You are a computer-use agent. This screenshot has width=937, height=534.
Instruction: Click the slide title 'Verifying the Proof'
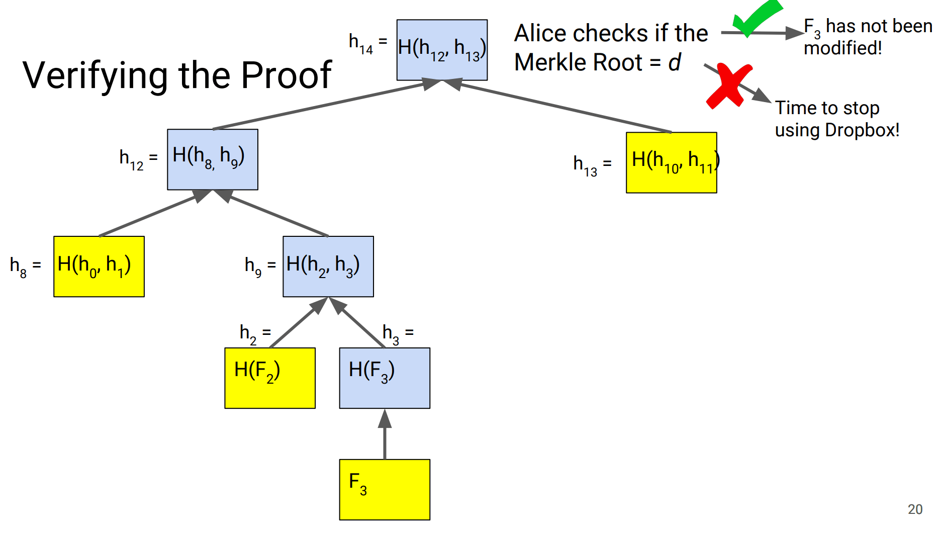click(x=177, y=75)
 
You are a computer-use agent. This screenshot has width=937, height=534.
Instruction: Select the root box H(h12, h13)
click(x=442, y=50)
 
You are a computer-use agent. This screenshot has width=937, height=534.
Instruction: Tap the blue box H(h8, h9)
click(x=213, y=159)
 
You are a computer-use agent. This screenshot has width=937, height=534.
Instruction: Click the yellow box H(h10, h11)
click(x=671, y=162)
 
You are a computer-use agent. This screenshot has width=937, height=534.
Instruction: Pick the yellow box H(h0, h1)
click(x=99, y=266)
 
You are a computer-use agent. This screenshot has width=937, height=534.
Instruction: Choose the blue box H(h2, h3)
click(x=328, y=266)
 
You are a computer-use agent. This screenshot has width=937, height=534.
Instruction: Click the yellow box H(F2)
click(x=270, y=378)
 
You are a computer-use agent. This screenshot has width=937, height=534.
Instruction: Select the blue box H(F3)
click(x=385, y=378)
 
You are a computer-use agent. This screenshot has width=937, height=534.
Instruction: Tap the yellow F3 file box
click(x=385, y=489)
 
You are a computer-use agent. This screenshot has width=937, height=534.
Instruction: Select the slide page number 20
click(x=915, y=509)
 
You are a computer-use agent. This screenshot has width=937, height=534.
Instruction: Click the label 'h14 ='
click(x=368, y=43)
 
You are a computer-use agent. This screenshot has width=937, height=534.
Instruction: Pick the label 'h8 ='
click(x=25, y=266)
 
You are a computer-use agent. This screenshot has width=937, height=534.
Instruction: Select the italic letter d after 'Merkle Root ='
click(x=674, y=63)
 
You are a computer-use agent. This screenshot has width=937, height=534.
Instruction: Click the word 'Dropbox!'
click(x=862, y=130)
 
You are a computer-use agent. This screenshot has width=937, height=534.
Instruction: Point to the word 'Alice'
click(x=540, y=34)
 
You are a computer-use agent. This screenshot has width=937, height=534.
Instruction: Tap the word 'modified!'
click(x=842, y=48)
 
